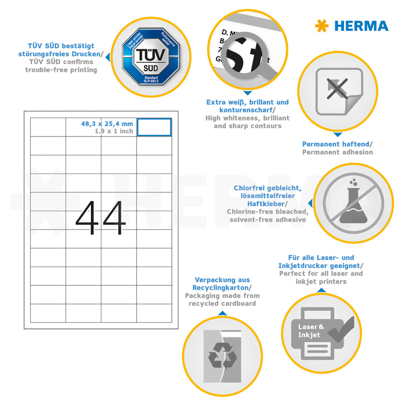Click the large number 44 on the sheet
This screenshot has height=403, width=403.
(x=100, y=218)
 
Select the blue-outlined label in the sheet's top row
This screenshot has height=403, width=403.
(x=154, y=127)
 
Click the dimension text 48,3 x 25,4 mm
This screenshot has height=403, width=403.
(x=106, y=124)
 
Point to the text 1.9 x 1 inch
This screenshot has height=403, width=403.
(x=113, y=131)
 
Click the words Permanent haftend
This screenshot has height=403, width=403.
(x=336, y=144)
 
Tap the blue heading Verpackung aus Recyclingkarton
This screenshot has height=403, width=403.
(x=222, y=284)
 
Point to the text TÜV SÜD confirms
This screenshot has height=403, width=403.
(x=61, y=62)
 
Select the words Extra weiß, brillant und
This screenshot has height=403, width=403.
(x=247, y=102)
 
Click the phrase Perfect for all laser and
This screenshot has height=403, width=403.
(x=320, y=274)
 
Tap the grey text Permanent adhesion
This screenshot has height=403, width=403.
(x=337, y=152)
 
